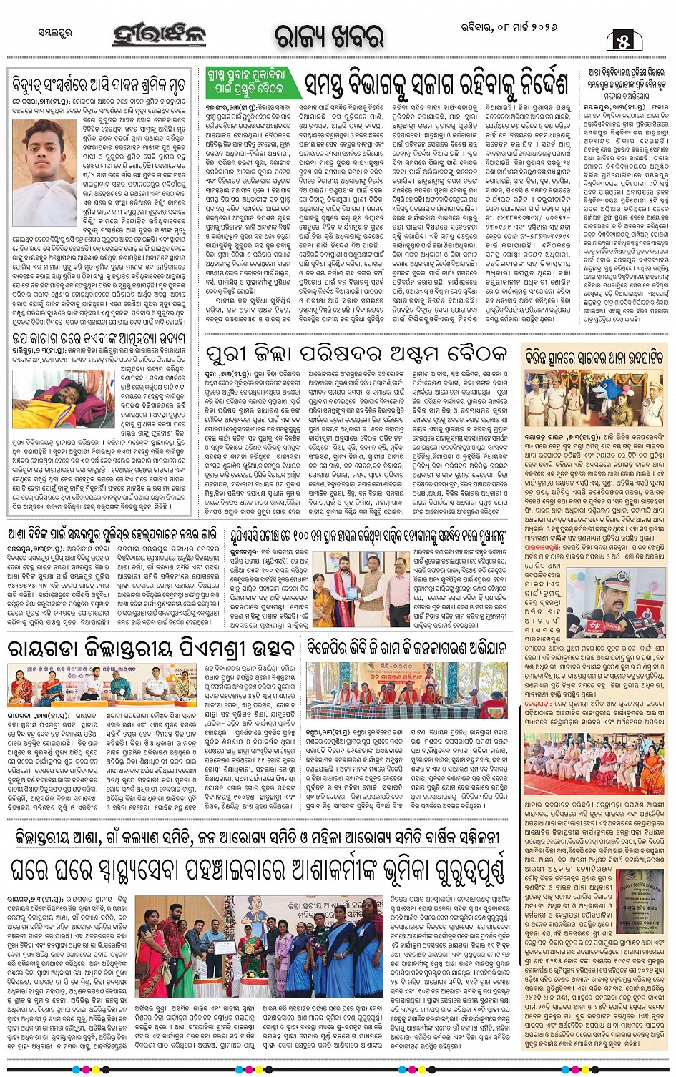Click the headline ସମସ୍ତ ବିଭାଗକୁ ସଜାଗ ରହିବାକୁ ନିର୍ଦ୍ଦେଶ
click(x=437, y=84)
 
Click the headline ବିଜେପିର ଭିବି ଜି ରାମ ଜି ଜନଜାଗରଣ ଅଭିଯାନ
click(x=407, y=649)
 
